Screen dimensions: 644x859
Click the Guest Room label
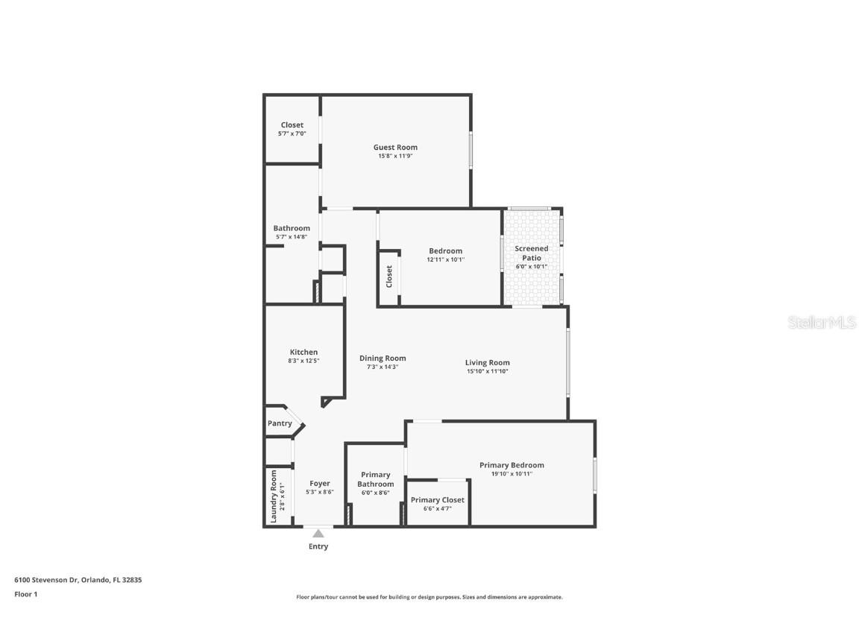coord(395,148)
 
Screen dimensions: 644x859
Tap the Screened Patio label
coord(532,253)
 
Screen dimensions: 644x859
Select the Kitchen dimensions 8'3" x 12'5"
coord(303,361)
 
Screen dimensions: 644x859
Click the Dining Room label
coord(383,358)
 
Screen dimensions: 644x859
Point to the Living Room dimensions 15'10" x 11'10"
coord(488,371)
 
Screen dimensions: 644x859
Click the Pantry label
coord(280,423)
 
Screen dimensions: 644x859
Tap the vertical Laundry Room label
coord(274,496)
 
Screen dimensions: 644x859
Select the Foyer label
coord(319,483)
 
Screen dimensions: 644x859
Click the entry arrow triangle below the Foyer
coord(318,533)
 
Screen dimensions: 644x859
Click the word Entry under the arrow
coord(318,546)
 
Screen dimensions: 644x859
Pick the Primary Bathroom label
coord(375,479)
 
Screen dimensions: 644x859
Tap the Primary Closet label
coord(437,500)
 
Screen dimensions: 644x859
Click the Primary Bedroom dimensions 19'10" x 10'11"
coord(512,474)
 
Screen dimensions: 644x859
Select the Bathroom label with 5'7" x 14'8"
coord(292,228)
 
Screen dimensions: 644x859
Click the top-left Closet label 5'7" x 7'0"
coord(292,125)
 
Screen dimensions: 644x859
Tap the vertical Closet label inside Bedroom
coord(389,276)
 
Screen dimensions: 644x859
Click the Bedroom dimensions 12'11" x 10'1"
coord(445,259)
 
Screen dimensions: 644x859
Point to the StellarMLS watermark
coord(823,323)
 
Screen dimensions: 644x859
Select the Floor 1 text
coord(25,594)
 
